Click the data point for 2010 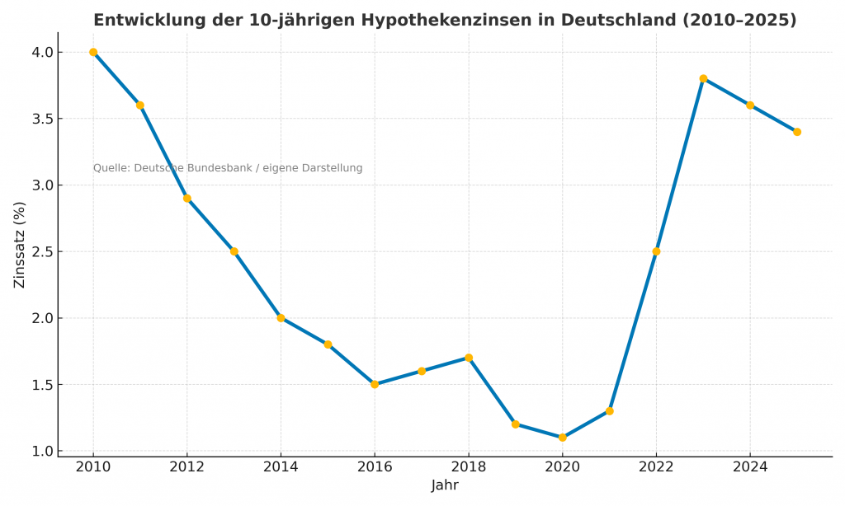point(93,52)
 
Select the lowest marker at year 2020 point(562,438)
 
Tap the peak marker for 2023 point(703,78)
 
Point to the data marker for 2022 point(656,251)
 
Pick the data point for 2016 point(375,384)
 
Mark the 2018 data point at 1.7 point(469,358)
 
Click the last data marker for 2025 point(797,132)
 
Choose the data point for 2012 point(187,198)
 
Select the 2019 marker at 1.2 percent point(516,424)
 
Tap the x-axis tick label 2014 point(281,467)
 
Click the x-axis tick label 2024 point(750,467)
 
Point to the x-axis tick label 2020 point(562,467)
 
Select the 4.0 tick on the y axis point(42,52)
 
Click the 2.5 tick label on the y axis point(42,251)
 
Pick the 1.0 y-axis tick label point(42,451)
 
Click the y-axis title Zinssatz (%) point(20,245)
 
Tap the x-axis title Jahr point(445,485)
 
